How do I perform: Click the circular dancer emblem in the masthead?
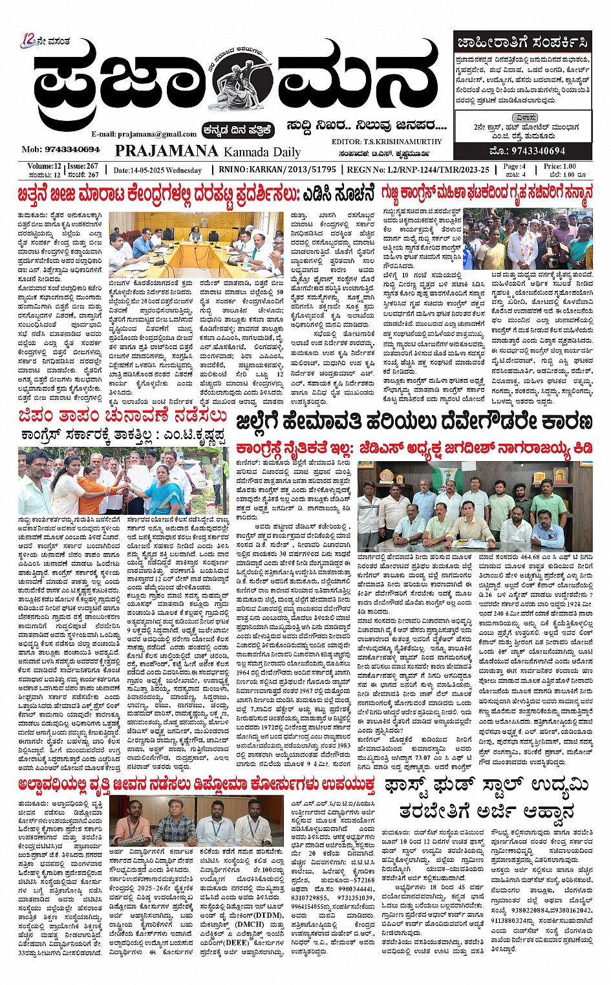click(243, 80)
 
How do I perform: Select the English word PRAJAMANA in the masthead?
click(166, 151)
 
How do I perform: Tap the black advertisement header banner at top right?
click(522, 43)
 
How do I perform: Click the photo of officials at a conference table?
click(195, 244)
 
